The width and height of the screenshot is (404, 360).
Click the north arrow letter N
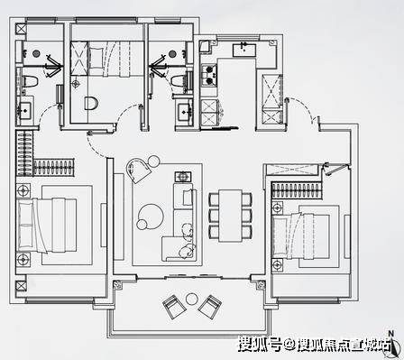[390, 333]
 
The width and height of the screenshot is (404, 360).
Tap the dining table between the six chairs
[230, 216]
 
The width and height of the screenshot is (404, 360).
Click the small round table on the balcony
[191, 299]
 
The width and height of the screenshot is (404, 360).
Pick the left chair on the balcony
[174, 307]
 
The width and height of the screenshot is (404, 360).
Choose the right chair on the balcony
[210, 307]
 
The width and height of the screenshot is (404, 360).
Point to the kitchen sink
[244, 50]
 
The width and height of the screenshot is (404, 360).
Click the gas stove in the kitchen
[209, 75]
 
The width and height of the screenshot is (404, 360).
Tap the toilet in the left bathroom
[31, 81]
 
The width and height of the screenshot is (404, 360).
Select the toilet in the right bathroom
[179, 81]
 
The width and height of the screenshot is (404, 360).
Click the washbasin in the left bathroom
[23, 110]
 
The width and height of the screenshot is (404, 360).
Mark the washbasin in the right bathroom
[184, 112]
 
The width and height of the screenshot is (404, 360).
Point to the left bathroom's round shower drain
[36, 53]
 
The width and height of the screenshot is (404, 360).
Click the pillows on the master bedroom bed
[25, 225]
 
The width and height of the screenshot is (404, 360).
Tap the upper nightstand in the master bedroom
[23, 190]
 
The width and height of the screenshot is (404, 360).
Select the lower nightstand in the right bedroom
[277, 265]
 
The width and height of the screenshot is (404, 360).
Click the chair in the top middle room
[91, 103]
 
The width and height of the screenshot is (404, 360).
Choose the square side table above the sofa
[183, 177]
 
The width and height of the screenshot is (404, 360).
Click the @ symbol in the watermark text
[289, 345]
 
